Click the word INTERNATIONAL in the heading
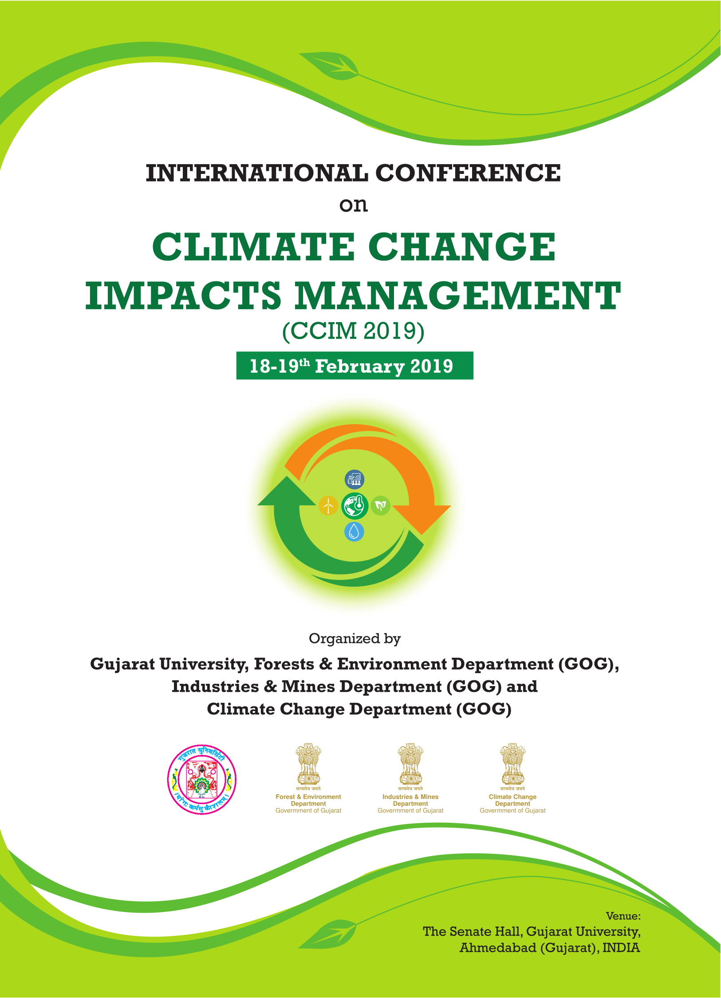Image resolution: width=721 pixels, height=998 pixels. click(x=257, y=173)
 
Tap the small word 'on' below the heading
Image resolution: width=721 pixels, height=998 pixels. click(x=354, y=205)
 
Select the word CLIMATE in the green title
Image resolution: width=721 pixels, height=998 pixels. click(x=253, y=247)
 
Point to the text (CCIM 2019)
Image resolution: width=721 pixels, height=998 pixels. click(x=354, y=331)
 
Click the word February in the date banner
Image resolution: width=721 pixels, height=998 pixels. click(x=360, y=367)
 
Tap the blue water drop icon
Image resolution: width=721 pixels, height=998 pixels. click(x=354, y=531)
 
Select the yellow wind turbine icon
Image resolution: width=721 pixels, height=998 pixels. click(x=328, y=505)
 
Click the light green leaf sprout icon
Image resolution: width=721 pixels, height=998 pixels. click(x=380, y=505)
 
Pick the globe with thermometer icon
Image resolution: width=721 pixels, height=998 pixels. click(x=355, y=506)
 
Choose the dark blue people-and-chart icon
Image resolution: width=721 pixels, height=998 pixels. click(x=355, y=480)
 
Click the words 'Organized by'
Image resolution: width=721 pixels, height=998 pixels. click(x=355, y=639)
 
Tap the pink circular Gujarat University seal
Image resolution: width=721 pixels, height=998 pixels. click(x=202, y=780)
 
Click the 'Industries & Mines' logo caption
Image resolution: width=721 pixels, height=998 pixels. click(x=410, y=797)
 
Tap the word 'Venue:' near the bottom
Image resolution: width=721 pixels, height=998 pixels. click(x=623, y=916)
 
